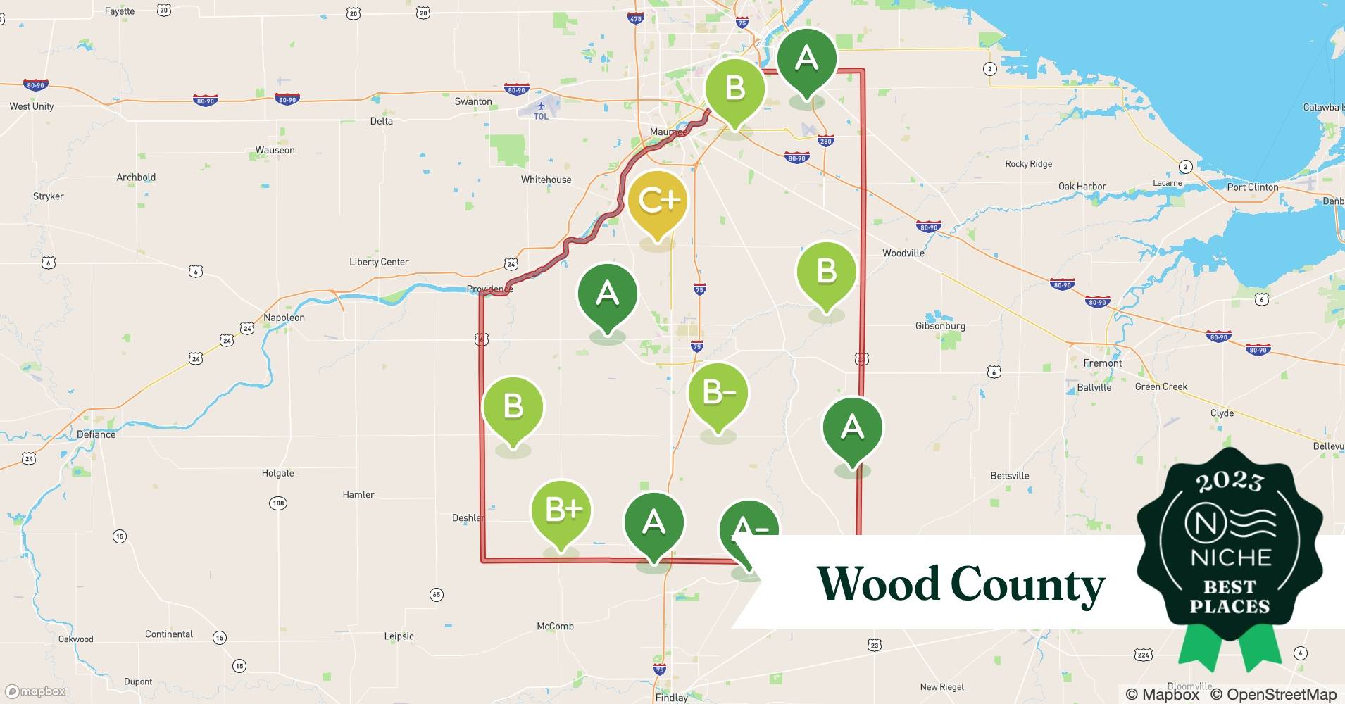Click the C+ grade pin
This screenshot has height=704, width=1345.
point(657,201)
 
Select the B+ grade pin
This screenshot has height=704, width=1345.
point(561,510)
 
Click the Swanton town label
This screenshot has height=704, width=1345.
point(473,101)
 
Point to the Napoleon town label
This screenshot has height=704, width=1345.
point(284,318)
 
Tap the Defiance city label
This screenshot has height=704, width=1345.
point(96,434)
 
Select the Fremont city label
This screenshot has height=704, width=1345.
point(1103,363)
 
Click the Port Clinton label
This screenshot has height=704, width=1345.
point(1253,187)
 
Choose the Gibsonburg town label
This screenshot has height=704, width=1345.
point(940,326)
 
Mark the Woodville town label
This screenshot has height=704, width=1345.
point(903,253)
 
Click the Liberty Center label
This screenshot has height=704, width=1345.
point(379,262)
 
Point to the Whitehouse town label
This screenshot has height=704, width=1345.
point(546,180)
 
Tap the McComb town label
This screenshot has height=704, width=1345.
point(555,626)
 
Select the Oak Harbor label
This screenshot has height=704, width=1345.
point(1082,187)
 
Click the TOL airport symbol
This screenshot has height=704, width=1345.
point(540,111)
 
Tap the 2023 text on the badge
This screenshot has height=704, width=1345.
point(1230,482)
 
